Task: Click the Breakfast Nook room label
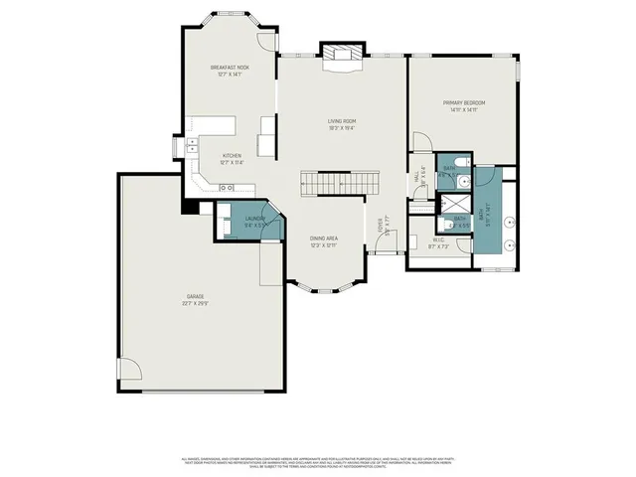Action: click(x=229, y=68)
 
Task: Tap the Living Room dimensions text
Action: click(x=342, y=128)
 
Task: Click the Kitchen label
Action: click(x=232, y=155)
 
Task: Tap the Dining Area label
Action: click(x=324, y=238)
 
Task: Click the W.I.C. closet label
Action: click(x=438, y=239)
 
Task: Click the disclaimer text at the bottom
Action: click(x=318, y=462)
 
